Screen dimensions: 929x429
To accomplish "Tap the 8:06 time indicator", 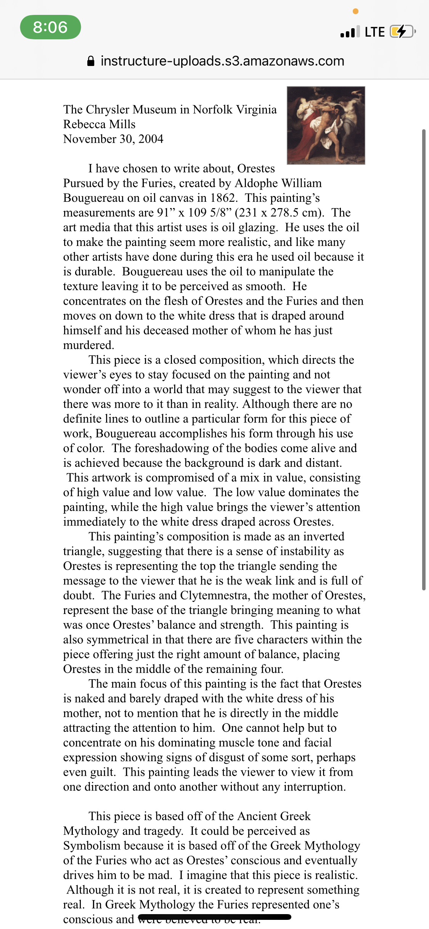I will pos(50,27).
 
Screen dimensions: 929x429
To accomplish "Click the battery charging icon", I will pos(402,32).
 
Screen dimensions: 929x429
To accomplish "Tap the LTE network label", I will pos(374,32).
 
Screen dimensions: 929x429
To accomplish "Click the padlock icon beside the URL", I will pos(91,61).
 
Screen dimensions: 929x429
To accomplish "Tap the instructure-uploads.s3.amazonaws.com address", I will pos(222,61).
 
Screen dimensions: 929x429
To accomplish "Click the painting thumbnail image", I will pos(326,125).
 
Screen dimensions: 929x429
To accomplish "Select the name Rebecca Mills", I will pos(99,124).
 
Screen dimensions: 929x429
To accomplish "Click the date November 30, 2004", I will pos(113,139).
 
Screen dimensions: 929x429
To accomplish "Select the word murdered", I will pos(88,345).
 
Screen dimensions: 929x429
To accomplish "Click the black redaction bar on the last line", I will pos(215,917).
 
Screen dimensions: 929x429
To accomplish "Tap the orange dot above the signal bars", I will pos(355,11).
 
